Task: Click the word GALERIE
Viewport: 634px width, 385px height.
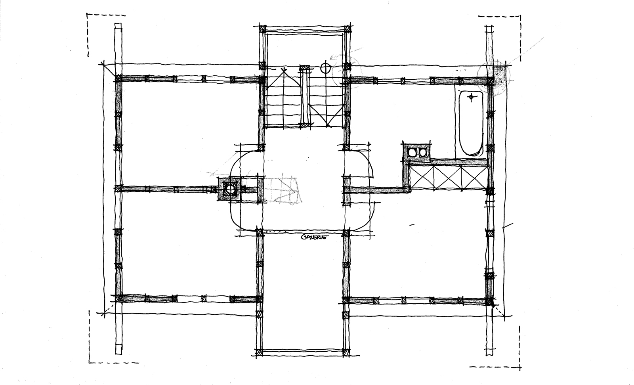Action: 315,237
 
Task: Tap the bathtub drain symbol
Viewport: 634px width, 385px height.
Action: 471,97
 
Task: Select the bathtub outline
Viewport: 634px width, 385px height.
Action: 471,123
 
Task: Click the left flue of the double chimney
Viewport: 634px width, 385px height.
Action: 411,153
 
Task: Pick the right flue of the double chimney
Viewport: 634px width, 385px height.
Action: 422,153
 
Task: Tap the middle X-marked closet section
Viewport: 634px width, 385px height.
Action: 448,177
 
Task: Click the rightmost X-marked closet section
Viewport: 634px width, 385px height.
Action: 474,177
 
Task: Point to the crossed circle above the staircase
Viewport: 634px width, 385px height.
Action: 325,68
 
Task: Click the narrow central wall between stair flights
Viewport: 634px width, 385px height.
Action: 305,96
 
